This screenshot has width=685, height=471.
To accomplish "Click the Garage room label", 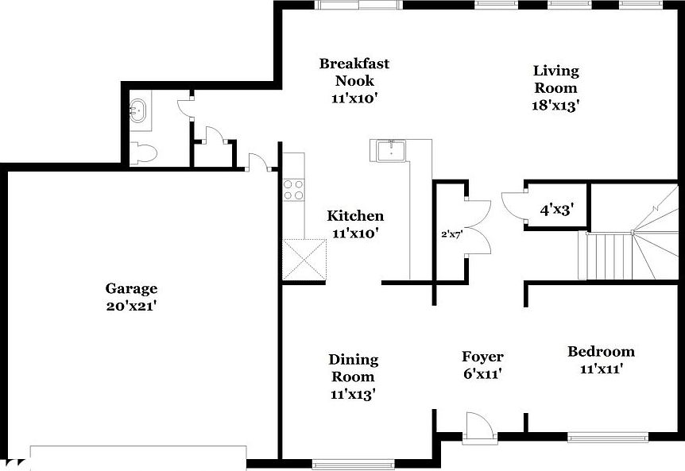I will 131,288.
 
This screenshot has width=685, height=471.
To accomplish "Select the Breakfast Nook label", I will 354,71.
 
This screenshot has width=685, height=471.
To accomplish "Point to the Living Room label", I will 555,79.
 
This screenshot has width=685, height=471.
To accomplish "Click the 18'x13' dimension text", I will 555,105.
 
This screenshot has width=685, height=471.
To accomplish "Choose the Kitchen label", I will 355,215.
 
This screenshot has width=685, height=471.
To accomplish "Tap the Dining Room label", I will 354,368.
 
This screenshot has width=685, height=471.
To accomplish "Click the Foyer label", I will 482,357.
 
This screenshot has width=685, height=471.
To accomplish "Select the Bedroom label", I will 601,351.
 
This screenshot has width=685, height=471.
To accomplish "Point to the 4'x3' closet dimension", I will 557,210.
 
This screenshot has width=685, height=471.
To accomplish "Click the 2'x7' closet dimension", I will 451,235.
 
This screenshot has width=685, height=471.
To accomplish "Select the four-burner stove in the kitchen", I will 293,190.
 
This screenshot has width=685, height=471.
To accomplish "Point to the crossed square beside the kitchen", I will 304,259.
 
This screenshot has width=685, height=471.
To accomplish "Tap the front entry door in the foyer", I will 479,429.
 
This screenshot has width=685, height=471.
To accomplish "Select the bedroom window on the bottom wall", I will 607,435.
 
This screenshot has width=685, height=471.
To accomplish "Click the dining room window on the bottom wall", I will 354,463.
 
